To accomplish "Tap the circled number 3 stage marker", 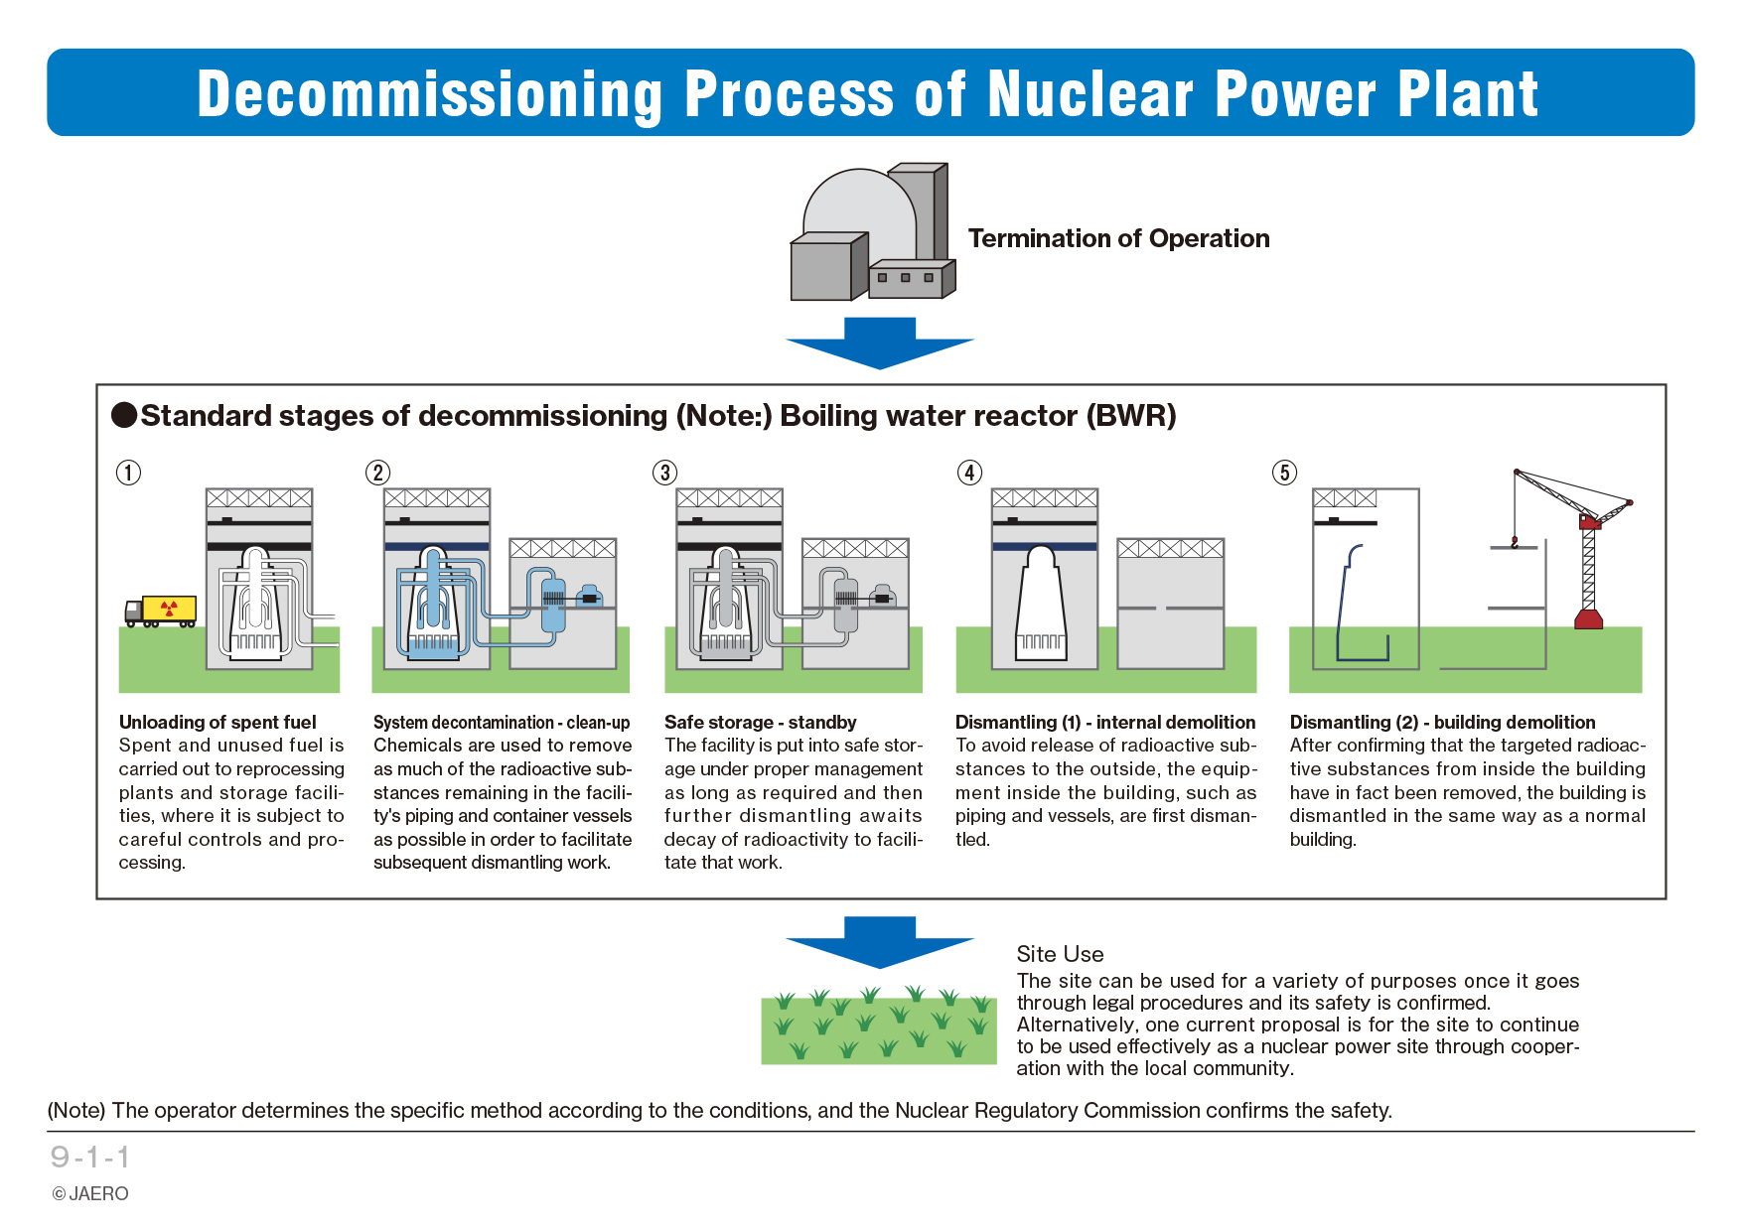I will click(665, 473).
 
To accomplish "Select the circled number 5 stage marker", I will click(1284, 473).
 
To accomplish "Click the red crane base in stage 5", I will click(1589, 619).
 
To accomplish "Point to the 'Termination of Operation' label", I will click(1118, 239).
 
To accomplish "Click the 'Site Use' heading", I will click(1060, 954).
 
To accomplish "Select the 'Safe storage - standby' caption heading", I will click(760, 723).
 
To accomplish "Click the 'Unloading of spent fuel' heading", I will click(218, 723).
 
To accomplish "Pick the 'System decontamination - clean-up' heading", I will click(502, 723).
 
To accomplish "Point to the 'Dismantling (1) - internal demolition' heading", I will click(1105, 723).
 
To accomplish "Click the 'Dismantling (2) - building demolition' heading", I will click(1442, 723).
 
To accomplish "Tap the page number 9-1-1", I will click(90, 1158).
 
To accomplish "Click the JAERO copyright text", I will click(90, 1194).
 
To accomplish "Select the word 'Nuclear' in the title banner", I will click(1090, 94).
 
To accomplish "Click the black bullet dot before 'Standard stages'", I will click(124, 415).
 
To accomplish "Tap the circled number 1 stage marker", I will click(129, 473).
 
